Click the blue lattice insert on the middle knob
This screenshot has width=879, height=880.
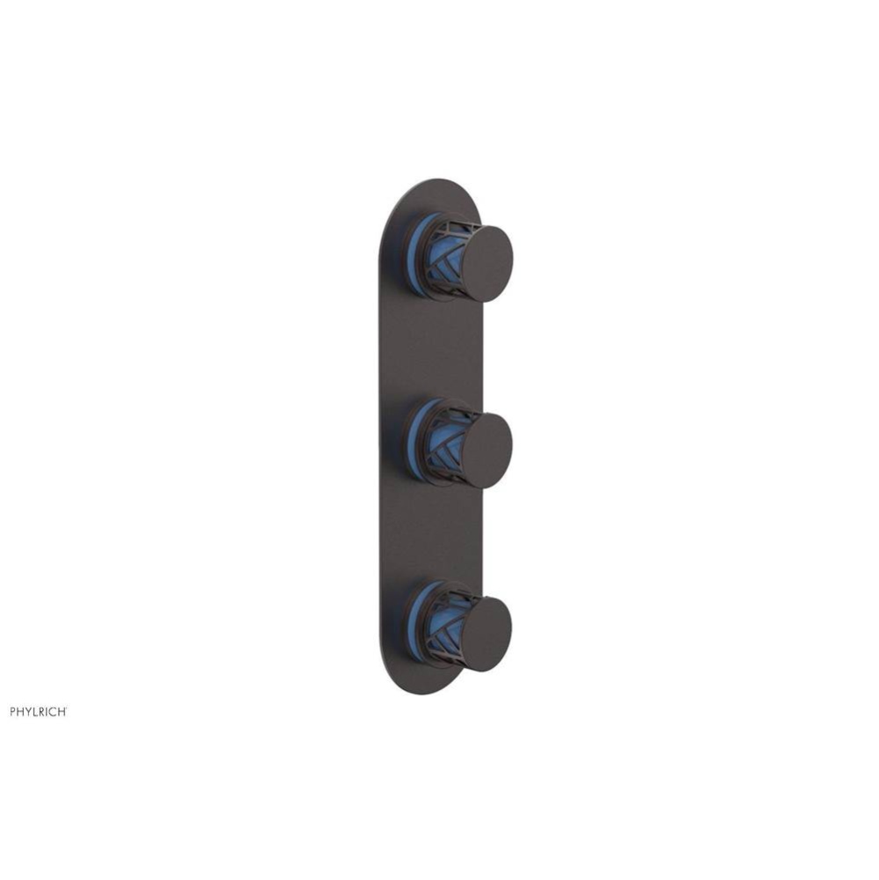[x=447, y=444]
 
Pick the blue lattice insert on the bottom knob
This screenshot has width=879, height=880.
[x=447, y=632]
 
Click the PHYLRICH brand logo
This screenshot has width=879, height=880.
[x=39, y=712]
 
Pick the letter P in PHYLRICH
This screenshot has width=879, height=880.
[x=13, y=712]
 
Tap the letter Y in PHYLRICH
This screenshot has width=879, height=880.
[x=28, y=712]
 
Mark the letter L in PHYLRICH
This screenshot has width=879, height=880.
[x=36, y=712]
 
